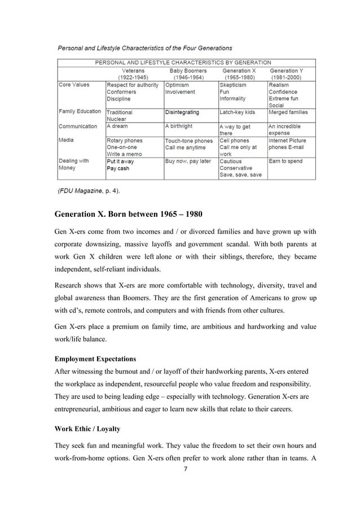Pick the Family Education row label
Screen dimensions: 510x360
point(80,111)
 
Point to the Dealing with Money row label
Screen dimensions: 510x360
point(74,164)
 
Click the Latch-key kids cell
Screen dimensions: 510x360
point(237,112)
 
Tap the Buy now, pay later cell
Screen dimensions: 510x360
point(188,161)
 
